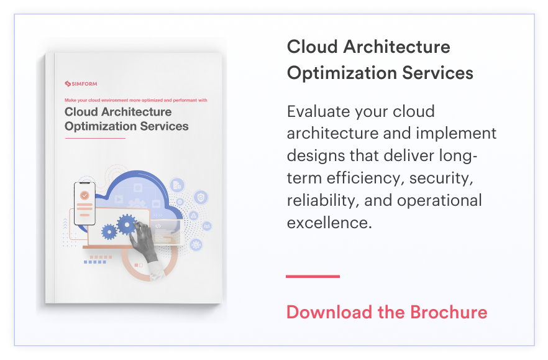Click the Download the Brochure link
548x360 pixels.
[386, 312]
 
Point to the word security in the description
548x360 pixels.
[441, 179]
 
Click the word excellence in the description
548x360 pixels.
[329, 223]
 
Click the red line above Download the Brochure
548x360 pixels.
[313, 276]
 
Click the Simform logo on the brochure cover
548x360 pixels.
[81, 84]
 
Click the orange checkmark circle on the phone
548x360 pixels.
[84, 195]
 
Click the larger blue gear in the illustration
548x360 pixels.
[127, 223]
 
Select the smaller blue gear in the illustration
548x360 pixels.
[109, 232]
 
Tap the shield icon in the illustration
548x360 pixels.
[200, 198]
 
